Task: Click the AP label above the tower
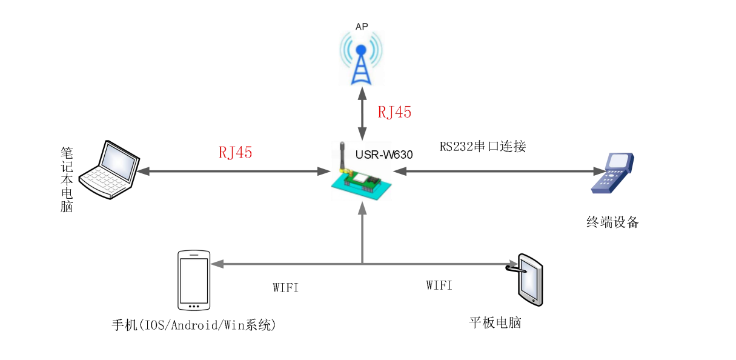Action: [361, 26]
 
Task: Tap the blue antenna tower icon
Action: [361, 61]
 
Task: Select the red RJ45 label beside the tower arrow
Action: [394, 112]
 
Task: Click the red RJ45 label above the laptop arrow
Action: [235, 153]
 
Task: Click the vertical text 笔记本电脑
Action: [67, 179]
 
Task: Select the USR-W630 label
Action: [384, 155]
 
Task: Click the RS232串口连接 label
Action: [483, 146]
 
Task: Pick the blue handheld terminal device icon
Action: [612, 173]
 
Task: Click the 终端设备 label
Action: [612, 222]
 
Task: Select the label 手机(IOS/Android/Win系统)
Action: [194, 325]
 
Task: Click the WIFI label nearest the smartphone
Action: [285, 288]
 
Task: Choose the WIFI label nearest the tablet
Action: [439, 285]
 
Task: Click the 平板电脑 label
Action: [495, 322]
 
